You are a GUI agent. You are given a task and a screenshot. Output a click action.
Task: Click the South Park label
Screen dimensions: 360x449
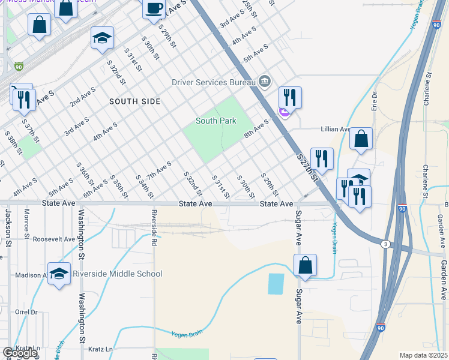coord(216,121)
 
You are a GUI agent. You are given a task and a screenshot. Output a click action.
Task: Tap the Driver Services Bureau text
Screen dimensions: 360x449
coord(211,82)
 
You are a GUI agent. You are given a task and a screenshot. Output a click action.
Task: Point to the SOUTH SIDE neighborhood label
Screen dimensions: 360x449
coord(135,101)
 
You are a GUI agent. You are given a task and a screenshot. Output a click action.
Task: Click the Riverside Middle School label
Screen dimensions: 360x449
coord(117,274)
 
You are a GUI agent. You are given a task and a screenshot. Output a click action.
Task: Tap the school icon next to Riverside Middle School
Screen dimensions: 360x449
coord(59,274)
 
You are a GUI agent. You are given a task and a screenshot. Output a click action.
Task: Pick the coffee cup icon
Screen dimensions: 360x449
coord(154,8)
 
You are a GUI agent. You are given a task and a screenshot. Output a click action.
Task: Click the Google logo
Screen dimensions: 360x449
coord(20,353)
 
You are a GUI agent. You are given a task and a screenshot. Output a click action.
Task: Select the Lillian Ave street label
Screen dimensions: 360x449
coord(336,129)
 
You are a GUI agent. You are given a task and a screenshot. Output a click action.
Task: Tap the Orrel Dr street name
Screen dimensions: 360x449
coord(26,312)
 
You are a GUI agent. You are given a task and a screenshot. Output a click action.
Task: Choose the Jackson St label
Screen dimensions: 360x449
coord(8,228)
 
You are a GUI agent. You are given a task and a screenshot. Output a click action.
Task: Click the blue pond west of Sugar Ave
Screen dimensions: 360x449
coord(276,283)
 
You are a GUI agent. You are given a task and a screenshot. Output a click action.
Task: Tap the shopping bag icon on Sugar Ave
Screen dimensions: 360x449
coord(305,265)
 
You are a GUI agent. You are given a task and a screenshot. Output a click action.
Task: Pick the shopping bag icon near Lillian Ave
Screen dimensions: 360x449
coord(361,139)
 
